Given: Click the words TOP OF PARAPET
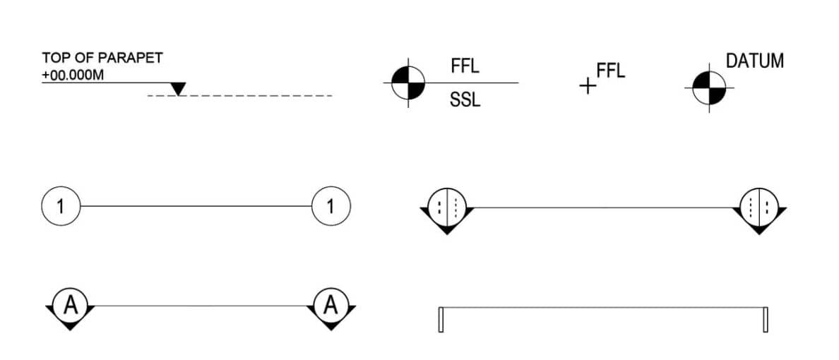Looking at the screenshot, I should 102,58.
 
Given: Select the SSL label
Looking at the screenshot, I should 465,101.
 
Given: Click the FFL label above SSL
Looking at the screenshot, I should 465,67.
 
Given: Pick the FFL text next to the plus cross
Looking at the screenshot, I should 611,71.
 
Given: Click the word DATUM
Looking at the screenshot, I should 755,61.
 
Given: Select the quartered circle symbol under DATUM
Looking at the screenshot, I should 708,88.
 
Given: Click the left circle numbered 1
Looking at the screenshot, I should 61,206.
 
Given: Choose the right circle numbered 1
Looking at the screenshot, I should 331,206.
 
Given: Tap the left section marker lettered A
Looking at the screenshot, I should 70,306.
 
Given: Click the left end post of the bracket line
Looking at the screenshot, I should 441,320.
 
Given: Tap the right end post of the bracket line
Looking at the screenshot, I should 765,320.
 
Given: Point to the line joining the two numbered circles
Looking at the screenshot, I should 196,206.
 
